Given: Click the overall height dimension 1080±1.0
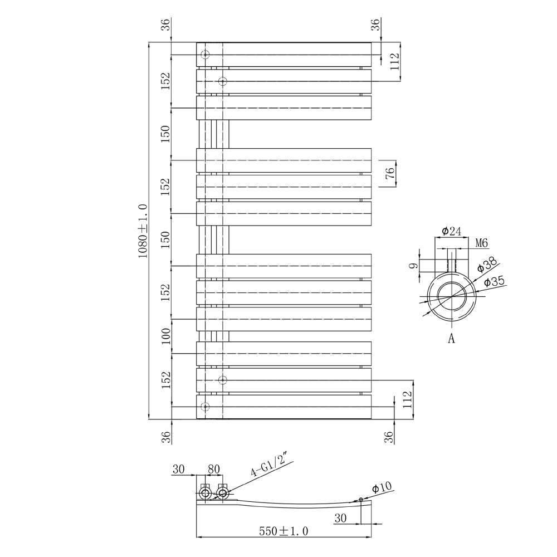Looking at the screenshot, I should pyautogui.click(x=142, y=231).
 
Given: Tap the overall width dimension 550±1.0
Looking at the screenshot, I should pyautogui.click(x=284, y=531).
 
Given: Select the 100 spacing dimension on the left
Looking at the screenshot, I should pyautogui.click(x=165, y=336).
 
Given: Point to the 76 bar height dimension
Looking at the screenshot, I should pyautogui.click(x=390, y=173).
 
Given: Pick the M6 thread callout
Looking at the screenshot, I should pyautogui.click(x=482, y=243).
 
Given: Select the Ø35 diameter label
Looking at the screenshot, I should pyautogui.click(x=494, y=282).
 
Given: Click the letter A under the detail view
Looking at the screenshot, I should pyautogui.click(x=451, y=338).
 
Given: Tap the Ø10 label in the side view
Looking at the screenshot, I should pyautogui.click(x=382, y=487).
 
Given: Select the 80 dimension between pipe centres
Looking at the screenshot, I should pyautogui.click(x=214, y=469).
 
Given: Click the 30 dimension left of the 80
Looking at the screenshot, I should pyautogui.click(x=178, y=469).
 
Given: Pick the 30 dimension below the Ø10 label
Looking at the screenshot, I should pyautogui.click(x=341, y=518).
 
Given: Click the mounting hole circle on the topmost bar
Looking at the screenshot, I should pyautogui.click(x=205, y=55).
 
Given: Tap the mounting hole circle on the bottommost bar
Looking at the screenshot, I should pyautogui.click(x=205, y=406).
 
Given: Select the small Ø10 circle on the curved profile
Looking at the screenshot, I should pyautogui.click(x=361, y=499).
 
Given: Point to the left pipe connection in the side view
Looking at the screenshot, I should pyautogui.click(x=205, y=493).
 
